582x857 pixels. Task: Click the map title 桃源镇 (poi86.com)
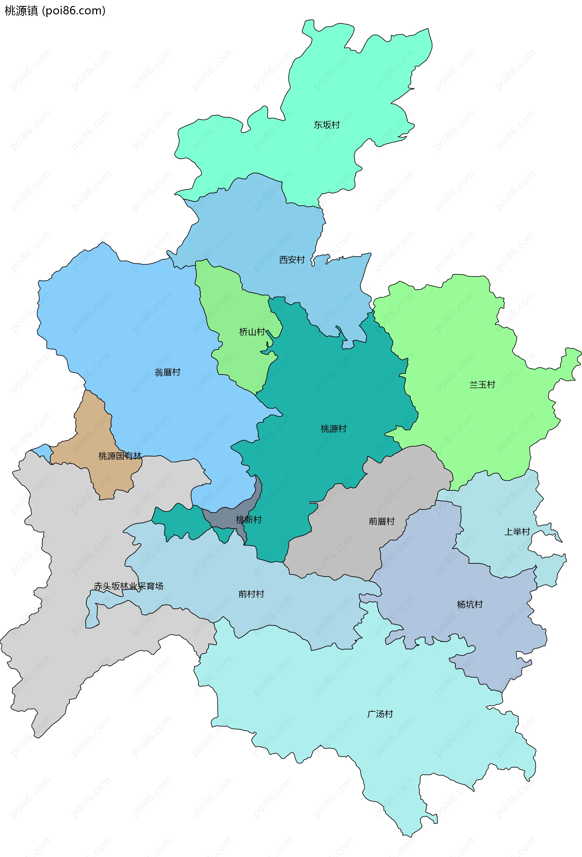pos(55,11)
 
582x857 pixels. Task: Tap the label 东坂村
pos(326,125)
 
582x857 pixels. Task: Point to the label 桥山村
pos(252,332)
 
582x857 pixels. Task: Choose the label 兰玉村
pos(482,385)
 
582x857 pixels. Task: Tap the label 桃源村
pos(333,429)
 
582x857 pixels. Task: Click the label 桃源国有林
pos(120,456)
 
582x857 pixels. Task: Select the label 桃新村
pos(249,520)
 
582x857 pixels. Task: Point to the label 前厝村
pos(381,521)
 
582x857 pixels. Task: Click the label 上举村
pos(517,532)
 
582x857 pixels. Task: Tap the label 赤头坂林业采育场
pos(128,586)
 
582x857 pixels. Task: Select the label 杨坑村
pos(469,604)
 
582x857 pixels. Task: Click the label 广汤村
pos(380,714)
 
